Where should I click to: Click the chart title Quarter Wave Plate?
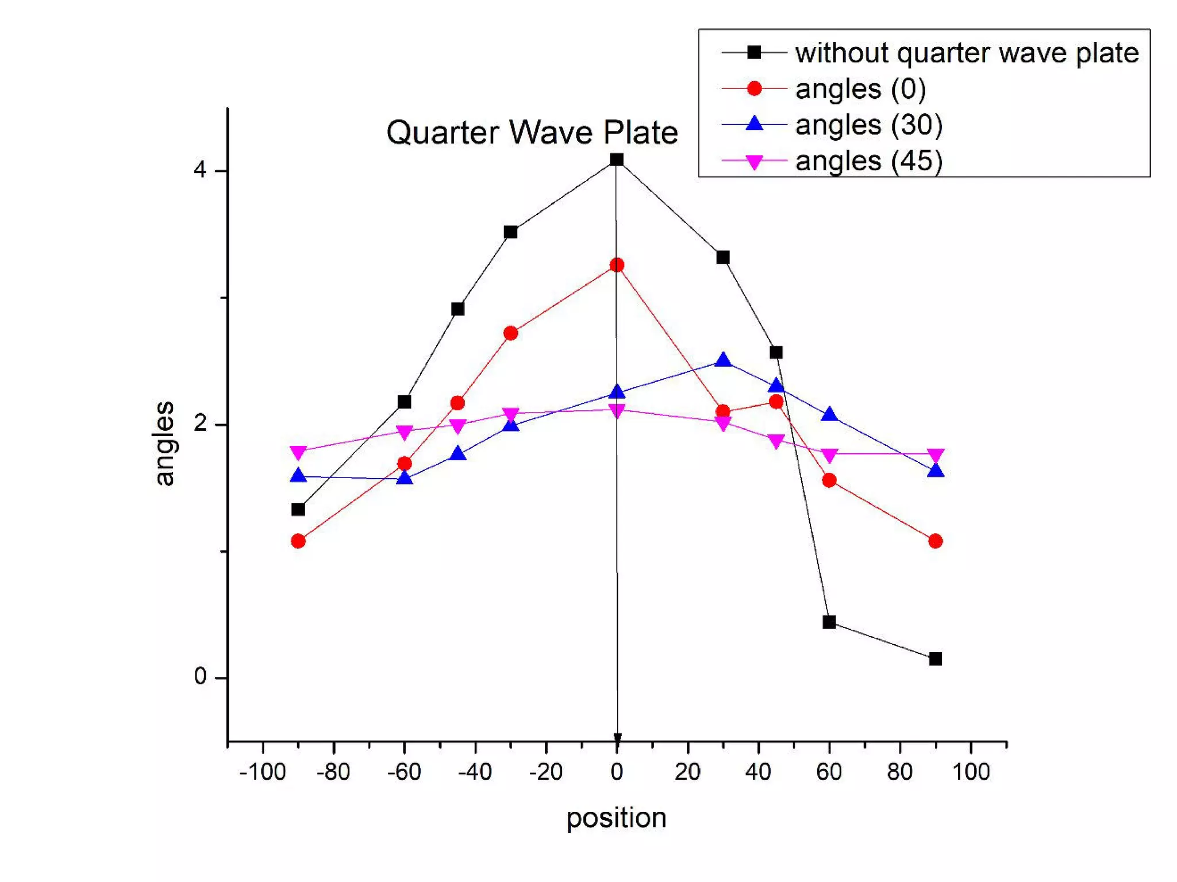pyautogui.click(x=532, y=133)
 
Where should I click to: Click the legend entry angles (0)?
pyautogui.click(x=860, y=89)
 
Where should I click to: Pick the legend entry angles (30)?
pyautogui.click(x=868, y=125)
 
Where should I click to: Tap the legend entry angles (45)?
pyautogui.click(x=868, y=161)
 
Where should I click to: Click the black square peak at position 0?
pyautogui.click(x=617, y=159)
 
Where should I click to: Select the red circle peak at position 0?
pyautogui.click(x=617, y=265)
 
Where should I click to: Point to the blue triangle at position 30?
pyautogui.click(x=723, y=360)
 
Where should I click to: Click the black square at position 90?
pyautogui.click(x=935, y=658)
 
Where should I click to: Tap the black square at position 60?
pyautogui.click(x=829, y=622)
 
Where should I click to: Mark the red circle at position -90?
pyautogui.click(x=298, y=541)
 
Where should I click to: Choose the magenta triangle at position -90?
pyautogui.click(x=298, y=452)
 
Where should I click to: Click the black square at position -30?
pyautogui.click(x=510, y=232)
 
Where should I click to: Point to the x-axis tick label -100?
pyautogui.click(x=263, y=772)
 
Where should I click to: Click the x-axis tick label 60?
pyautogui.click(x=829, y=772)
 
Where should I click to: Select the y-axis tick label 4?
pyautogui.click(x=200, y=170)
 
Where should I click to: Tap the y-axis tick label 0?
pyautogui.click(x=200, y=676)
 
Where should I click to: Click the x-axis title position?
pyautogui.click(x=616, y=818)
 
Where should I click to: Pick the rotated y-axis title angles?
pyautogui.click(x=165, y=443)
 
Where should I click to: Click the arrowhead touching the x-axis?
pyautogui.click(x=617, y=738)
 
